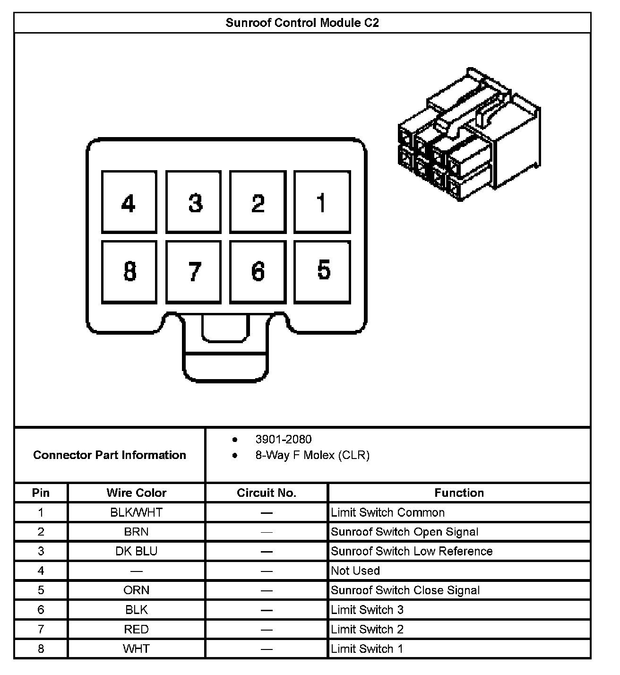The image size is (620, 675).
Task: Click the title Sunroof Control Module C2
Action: click(x=302, y=23)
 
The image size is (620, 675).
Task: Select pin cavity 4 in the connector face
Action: click(x=129, y=202)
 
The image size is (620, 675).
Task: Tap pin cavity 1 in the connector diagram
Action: click(x=322, y=202)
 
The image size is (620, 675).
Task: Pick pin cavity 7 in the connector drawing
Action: click(x=193, y=272)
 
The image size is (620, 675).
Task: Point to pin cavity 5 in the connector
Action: click(x=322, y=272)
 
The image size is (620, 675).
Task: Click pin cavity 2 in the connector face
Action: click(x=258, y=202)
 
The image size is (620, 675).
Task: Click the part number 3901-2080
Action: click(x=284, y=439)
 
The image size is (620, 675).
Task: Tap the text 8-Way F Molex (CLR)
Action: click(x=312, y=455)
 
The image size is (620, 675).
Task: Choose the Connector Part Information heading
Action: click(x=110, y=455)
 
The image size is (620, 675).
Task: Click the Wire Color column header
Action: click(x=137, y=493)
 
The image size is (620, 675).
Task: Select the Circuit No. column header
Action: click(x=267, y=493)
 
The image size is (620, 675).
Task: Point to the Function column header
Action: click(x=459, y=493)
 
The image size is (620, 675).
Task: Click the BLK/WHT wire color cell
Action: click(x=137, y=512)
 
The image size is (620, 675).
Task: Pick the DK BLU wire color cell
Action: click(x=137, y=551)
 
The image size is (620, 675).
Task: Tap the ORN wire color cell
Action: click(x=137, y=590)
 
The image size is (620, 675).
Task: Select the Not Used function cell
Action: click(x=355, y=571)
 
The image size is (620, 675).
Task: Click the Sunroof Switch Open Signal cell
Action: click(x=405, y=532)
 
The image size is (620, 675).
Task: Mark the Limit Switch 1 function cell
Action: click(x=367, y=649)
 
